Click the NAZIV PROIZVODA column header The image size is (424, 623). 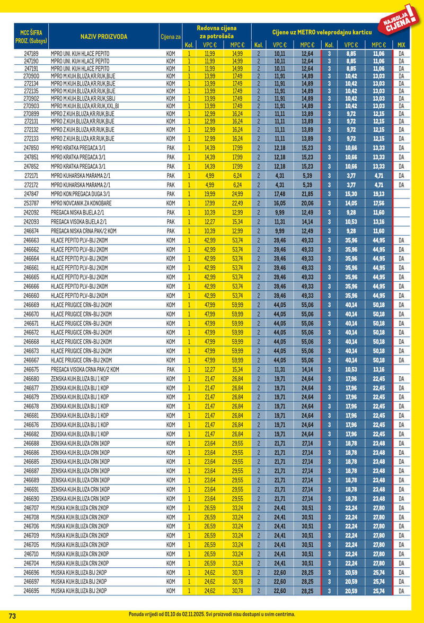(104, 37)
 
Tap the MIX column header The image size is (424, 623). (401, 45)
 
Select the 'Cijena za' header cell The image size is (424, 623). (171, 37)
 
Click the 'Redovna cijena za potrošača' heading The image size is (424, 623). (216, 32)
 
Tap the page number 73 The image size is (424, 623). (13, 616)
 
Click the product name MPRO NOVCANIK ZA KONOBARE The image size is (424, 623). (81, 203)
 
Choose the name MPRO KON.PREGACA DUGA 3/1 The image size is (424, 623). (81, 194)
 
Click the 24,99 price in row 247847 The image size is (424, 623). (237, 194)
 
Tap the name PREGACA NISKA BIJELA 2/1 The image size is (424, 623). (78, 212)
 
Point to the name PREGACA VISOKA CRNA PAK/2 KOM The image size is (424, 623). (85, 369)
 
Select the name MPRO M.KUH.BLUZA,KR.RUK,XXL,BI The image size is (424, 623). (85, 106)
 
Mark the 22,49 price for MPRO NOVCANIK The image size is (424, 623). (237, 203)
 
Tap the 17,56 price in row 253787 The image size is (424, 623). (378, 203)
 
